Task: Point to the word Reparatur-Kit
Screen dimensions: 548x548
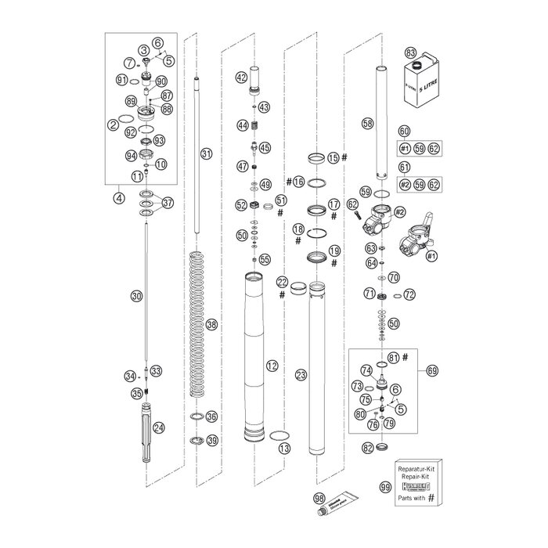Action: click(416, 466)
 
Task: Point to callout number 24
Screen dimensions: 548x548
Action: click(159, 427)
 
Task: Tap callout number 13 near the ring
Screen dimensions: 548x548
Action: click(283, 449)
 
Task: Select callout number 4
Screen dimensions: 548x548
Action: click(118, 198)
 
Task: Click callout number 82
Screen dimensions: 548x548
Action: click(368, 448)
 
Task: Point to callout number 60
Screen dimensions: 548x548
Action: click(404, 132)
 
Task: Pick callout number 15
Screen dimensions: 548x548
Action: click(333, 158)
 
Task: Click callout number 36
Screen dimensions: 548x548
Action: click(211, 416)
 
